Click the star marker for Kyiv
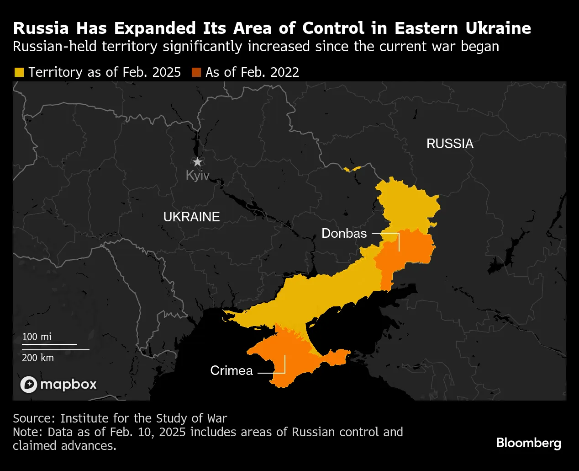coord(197,162)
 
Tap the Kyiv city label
coord(197,175)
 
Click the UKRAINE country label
coord(191,217)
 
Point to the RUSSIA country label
coord(449,144)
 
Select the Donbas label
coord(344,233)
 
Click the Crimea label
coord(231,370)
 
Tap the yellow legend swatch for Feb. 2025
coord(19,72)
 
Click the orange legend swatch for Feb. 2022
coord(196,72)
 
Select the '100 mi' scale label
coord(37,337)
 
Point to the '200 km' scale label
coord(37,358)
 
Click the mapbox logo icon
coord(29,384)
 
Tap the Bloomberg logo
coord(528,443)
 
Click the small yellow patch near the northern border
coord(352,169)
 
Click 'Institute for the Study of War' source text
coord(143,418)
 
